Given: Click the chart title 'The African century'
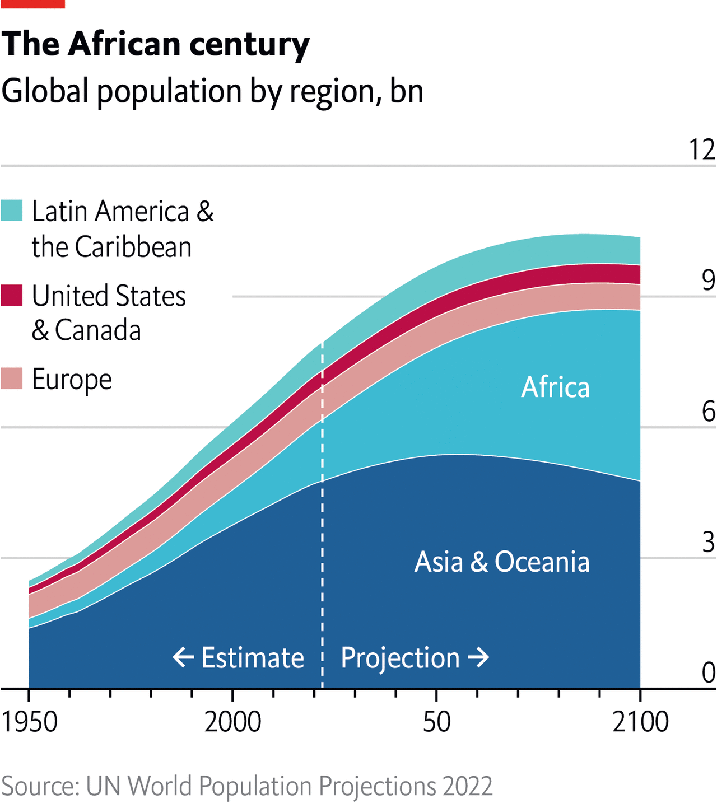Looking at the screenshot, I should pos(155,44).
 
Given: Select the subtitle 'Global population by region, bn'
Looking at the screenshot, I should pos(212,91).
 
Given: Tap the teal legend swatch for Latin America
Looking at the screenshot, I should pos(12,211).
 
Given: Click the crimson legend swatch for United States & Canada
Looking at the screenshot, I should pos(12,296).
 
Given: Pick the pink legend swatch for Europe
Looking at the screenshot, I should pos(12,379).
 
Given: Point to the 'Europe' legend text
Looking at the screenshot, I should pos(72,380).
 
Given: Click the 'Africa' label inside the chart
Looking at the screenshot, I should pos(555,387).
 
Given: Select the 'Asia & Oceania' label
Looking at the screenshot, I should pos(502,562).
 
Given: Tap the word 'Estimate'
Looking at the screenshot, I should pos(253,657).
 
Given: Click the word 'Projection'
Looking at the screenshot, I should pos(400,657).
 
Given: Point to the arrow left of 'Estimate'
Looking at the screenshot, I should pos(183,657).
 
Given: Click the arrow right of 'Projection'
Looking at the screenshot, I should pos(478,657).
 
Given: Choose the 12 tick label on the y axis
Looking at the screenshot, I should pos(702,150).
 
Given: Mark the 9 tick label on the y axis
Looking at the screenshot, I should pos(709,280).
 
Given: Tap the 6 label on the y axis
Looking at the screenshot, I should pos(709,412).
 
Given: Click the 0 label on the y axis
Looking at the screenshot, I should pos(709,673).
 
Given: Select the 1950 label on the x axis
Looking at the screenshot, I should pos(30,722).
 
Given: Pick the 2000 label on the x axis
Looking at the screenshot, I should pos(232,722).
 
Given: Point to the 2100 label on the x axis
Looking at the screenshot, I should pos(640,722).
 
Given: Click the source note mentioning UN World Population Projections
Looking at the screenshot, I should pos(246,786).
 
